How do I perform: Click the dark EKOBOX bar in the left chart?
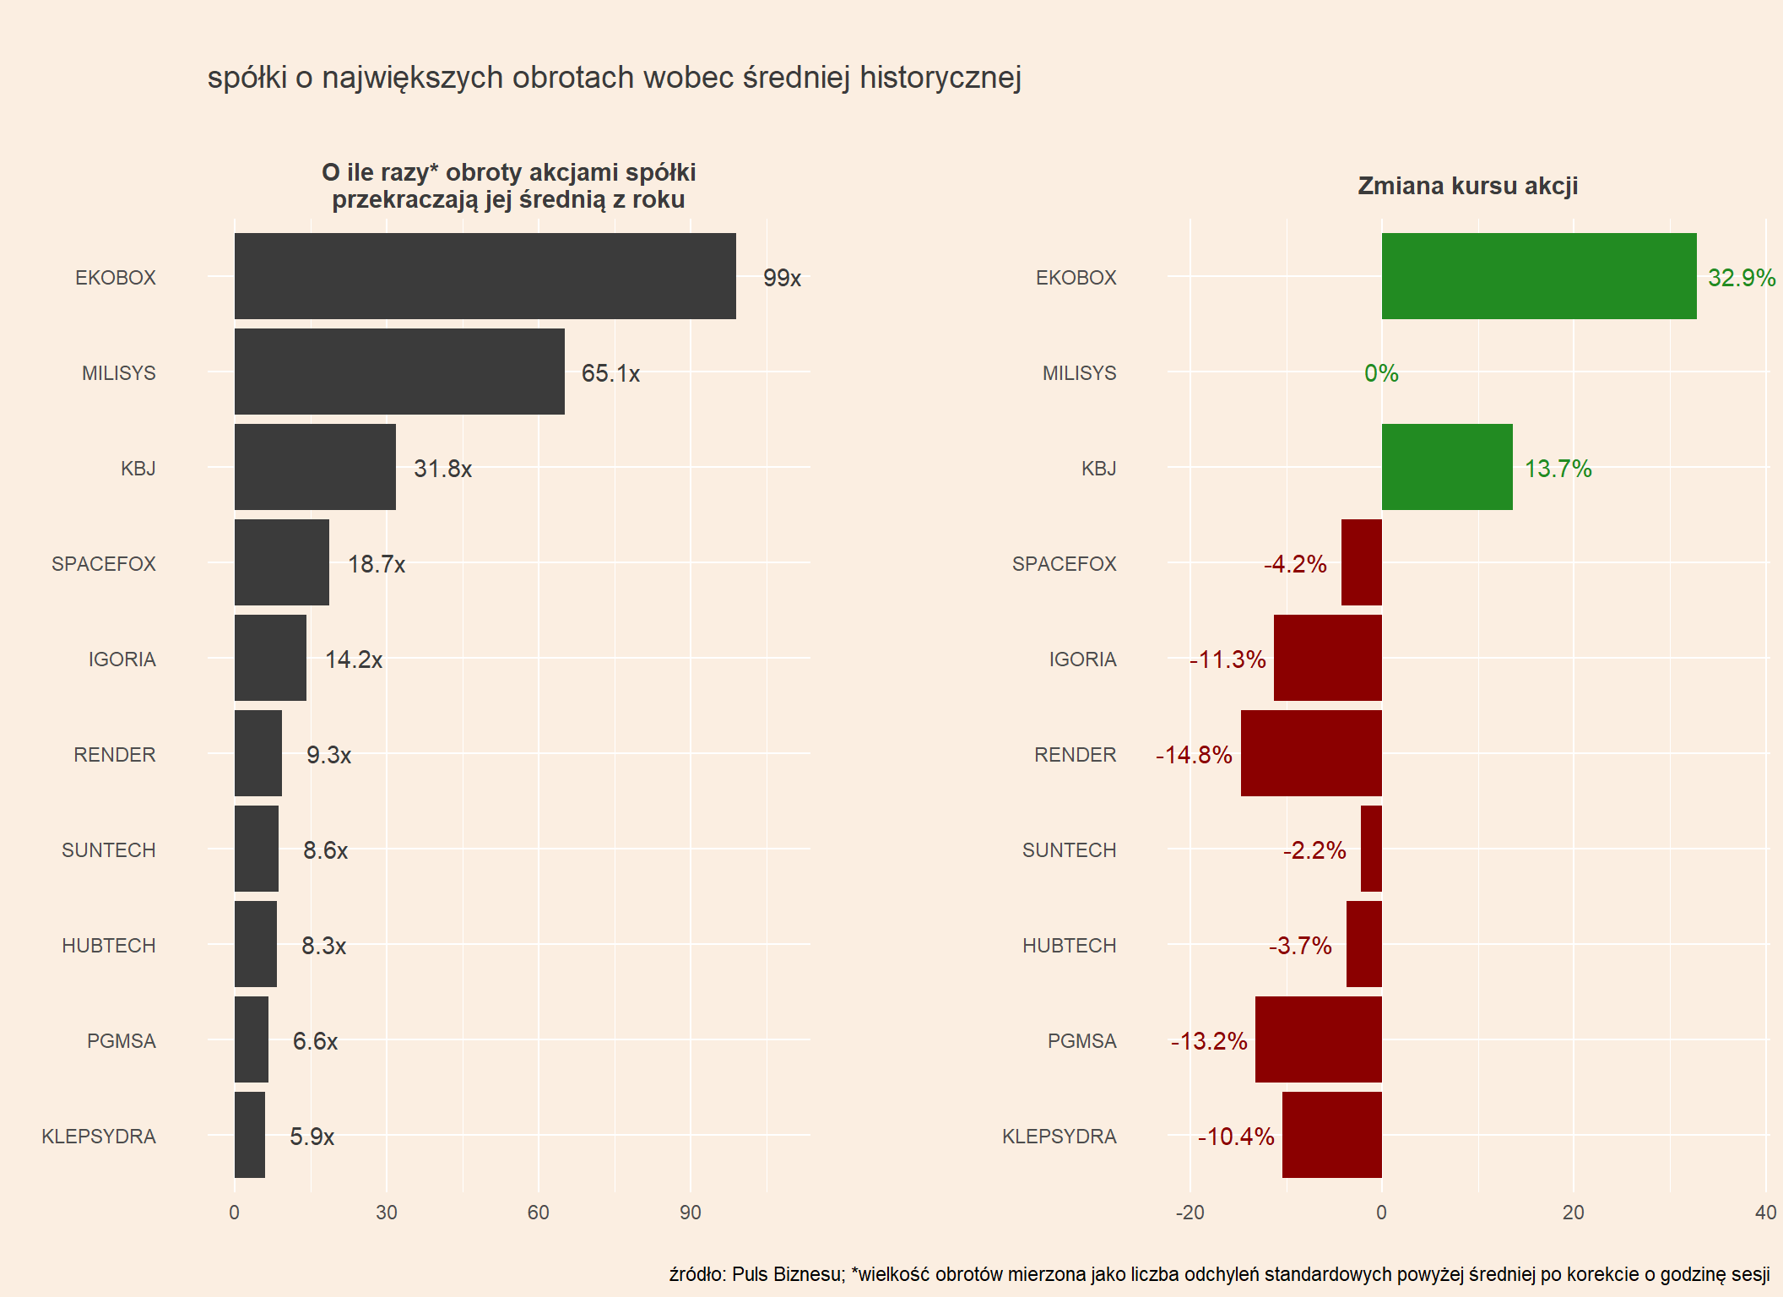coord(485,276)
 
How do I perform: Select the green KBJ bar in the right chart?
coord(1446,467)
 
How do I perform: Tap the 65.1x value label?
coord(610,373)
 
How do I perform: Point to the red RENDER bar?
coord(1310,753)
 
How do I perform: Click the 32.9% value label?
coord(1741,278)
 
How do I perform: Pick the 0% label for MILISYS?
coord(1381,373)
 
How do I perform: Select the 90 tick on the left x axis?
coord(690,1213)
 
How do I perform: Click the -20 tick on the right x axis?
coord(1190,1213)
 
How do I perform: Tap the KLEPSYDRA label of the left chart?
coord(99,1137)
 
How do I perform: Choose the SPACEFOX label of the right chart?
coord(1064,564)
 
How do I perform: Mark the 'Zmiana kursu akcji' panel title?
coord(1467,186)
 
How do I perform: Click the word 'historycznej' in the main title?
coord(940,78)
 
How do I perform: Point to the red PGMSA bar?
coord(1318,1039)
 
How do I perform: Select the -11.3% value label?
coord(1228,659)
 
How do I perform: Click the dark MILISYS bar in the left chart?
coord(399,372)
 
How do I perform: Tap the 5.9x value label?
coord(312,1137)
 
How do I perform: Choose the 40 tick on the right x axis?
coord(1764,1213)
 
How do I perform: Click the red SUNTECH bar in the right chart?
coord(1371,849)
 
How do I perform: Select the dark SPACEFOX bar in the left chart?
coord(281,562)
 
